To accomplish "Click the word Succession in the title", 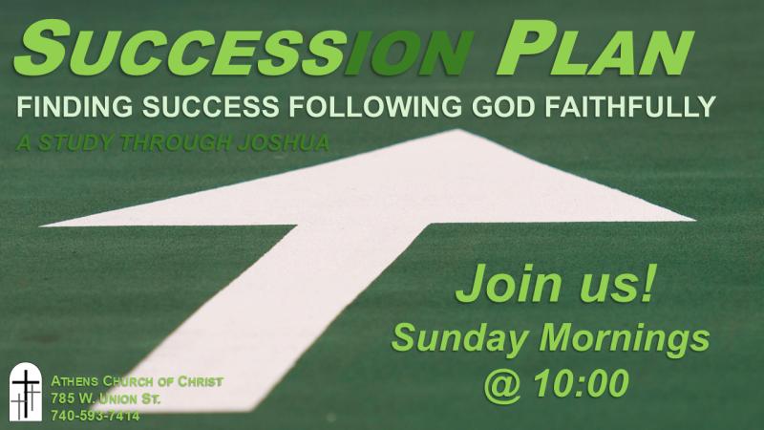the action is [244, 49].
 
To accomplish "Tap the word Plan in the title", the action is [595, 49].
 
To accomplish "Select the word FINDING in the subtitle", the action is [74, 107].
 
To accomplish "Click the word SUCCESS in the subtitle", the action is [210, 107].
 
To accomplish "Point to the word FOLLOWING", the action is [375, 107].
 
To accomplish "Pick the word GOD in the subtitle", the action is [504, 107].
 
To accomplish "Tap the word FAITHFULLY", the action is [630, 107].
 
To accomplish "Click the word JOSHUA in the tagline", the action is [284, 142].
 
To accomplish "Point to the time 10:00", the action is [581, 383].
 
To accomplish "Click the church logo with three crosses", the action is [26, 392].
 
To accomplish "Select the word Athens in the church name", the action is [74, 381].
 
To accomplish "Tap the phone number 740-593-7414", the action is [95, 416].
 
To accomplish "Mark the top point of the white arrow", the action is [457, 130].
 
